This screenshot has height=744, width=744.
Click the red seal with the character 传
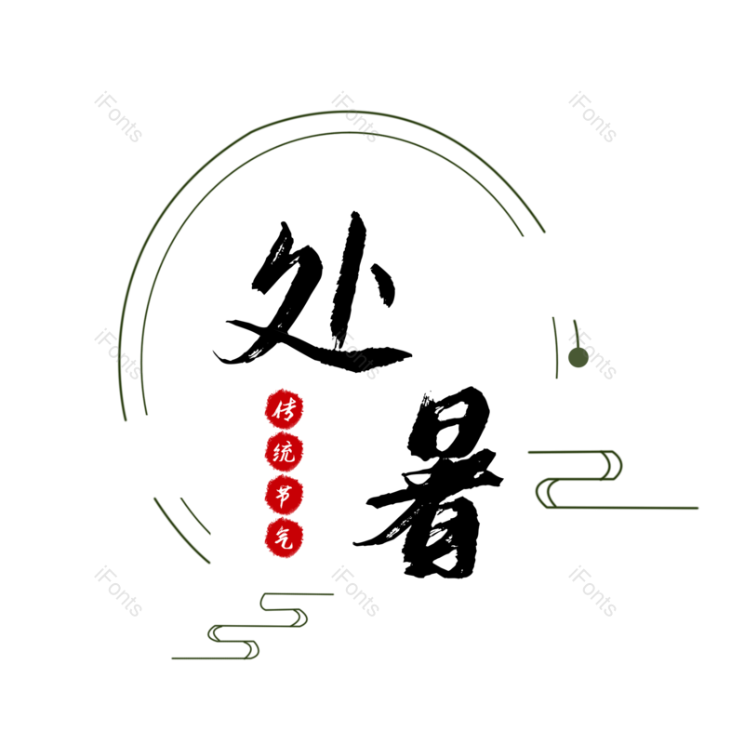[x=284, y=409]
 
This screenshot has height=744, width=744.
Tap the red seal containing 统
[x=284, y=453]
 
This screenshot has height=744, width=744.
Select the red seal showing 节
[x=284, y=495]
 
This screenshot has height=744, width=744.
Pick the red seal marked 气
[x=284, y=538]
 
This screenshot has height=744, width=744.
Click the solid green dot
[x=578, y=358]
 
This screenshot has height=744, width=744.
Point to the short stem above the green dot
[x=576, y=332]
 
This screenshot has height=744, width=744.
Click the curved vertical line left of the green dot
[x=555, y=346]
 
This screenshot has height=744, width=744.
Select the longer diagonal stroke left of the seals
[x=180, y=532]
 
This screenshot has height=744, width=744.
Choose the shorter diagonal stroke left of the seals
[x=194, y=516]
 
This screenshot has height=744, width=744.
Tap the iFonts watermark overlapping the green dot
[x=593, y=355]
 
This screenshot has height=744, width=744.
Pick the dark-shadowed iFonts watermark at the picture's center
[x=356, y=355]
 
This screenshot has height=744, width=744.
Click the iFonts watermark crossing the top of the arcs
[x=356, y=117]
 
